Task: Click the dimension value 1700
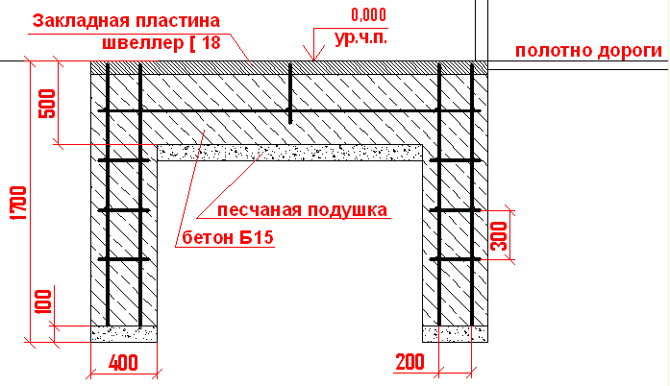[19, 203]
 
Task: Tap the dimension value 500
[47, 104]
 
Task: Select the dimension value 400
[123, 363]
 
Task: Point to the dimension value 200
[409, 362]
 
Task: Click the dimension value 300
[498, 235]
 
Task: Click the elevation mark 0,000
[368, 15]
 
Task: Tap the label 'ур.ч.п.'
[361, 38]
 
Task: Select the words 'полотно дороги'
[588, 51]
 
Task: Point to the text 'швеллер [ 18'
[161, 42]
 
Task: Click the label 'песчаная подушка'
[302, 210]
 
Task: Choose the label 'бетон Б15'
[228, 237]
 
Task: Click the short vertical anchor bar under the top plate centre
[290, 93]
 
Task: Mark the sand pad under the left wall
[124, 334]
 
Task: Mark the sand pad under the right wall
[455, 334]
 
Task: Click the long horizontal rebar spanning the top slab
[289, 111]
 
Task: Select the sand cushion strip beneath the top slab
[289, 153]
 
